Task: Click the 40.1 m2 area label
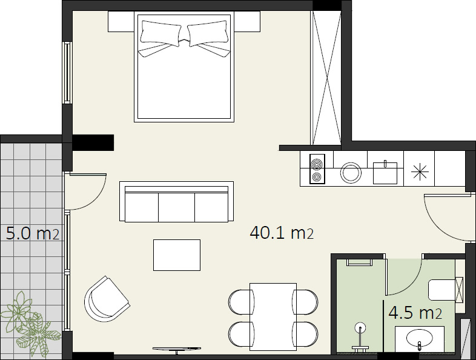click(x=282, y=233)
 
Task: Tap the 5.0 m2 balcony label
click(x=33, y=234)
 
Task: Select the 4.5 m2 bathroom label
click(x=415, y=313)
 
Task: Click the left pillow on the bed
click(x=161, y=32)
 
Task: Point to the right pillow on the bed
click(x=208, y=32)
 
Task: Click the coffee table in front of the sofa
click(x=177, y=255)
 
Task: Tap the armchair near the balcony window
click(x=106, y=299)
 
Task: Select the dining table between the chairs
click(x=273, y=316)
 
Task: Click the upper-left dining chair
click(x=242, y=301)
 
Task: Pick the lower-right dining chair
click(x=305, y=334)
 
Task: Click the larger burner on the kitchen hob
click(x=317, y=164)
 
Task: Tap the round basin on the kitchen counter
click(x=351, y=173)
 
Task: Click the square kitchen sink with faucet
click(x=385, y=172)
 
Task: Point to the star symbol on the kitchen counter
click(x=420, y=172)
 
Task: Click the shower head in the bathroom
click(x=360, y=327)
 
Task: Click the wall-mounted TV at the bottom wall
click(x=177, y=349)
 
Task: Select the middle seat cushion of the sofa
click(x=176, y=207)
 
